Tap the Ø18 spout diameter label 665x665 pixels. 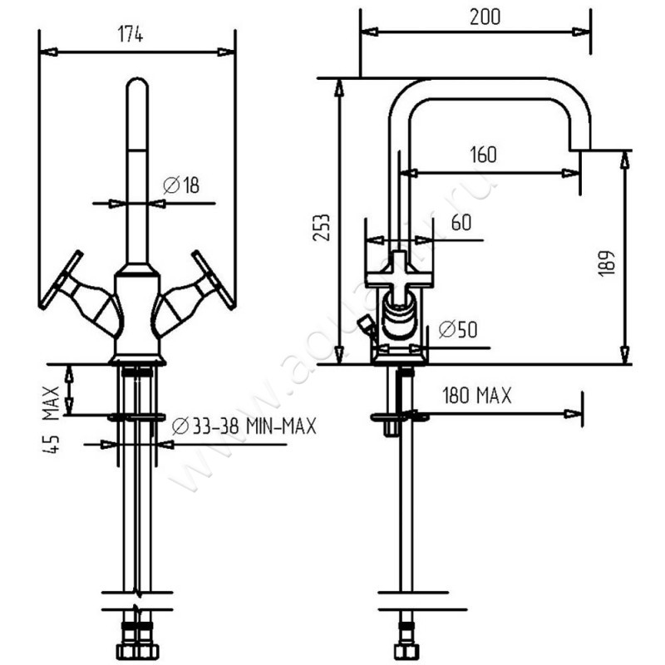click(x=182, y=186)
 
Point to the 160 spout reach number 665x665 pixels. click(x=483, y=155)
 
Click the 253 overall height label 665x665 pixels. click(x=324, y=227)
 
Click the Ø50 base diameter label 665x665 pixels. click(x=456, y=330)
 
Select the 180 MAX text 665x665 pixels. click(x=477, y=396)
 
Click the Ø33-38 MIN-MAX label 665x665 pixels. click(x=244, y=427)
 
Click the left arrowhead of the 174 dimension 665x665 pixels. click(x=48, y=52)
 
